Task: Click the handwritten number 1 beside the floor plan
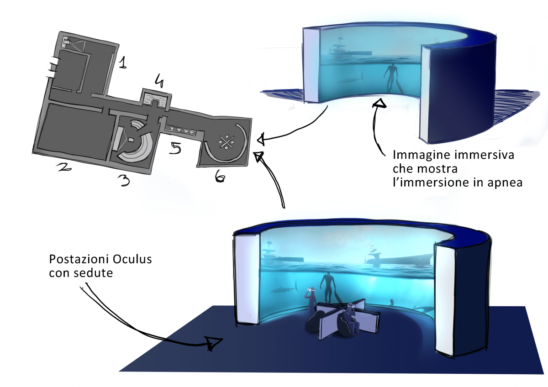click(x=122, y=63)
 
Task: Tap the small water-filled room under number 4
click(x=157, y=99)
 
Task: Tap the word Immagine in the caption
click(x=412, y=155)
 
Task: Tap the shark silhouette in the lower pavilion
click(x=282, y=289)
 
